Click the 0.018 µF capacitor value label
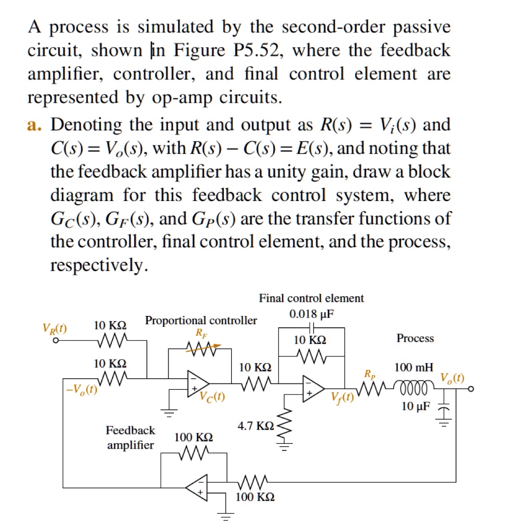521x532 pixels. tap(311, 314)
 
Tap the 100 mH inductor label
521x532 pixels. tap(413, 368)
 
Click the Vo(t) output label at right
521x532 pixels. tap(452, 377)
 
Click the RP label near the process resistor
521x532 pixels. tap(369, 374)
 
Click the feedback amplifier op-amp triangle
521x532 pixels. tap(197, 486)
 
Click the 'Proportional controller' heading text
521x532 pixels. tap(201, 320)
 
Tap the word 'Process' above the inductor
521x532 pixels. tap(415, 338)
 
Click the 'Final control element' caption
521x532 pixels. tap(311, 298)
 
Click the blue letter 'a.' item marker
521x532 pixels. tap(36, 125)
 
